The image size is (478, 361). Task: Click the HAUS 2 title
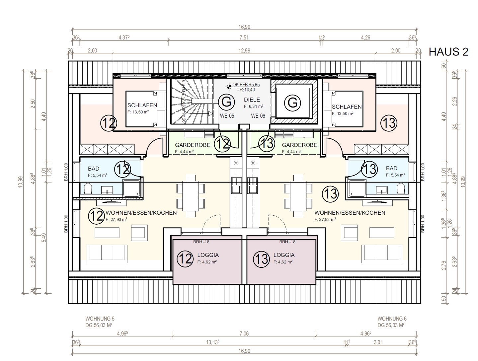point(448,52)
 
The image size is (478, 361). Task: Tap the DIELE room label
point(252,100)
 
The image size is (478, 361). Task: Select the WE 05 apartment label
point(227,116)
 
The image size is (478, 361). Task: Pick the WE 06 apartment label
point(258,116)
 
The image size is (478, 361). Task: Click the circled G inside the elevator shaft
point(292,103)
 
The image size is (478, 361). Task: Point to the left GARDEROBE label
point(193,145)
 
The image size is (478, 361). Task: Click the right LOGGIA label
point(284,255)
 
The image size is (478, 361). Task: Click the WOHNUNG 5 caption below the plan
point(100,319)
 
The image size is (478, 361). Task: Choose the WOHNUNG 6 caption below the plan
point(392,319)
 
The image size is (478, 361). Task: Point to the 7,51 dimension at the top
point(244,37)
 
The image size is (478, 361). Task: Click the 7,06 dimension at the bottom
point(244,333)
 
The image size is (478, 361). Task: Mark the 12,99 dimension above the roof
point(244,50)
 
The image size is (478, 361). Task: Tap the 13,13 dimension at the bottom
point(212,342)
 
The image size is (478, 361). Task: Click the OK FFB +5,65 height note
point(246,85)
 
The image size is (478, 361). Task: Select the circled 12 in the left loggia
point(185,258)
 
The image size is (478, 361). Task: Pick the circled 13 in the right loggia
point(261,259)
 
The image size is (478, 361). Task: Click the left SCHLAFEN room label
point(142,105)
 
